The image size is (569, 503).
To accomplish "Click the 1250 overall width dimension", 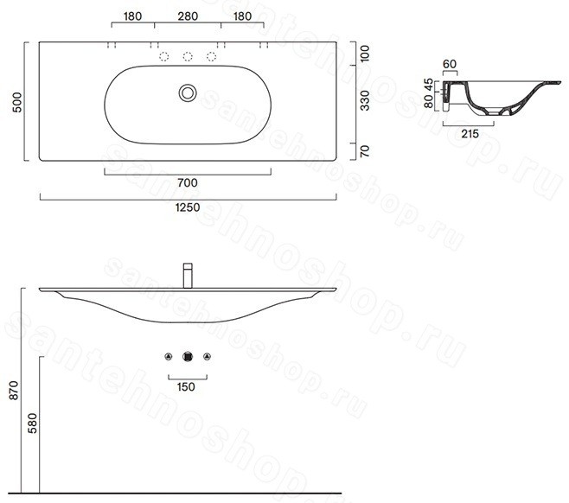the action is (x=188, y=207).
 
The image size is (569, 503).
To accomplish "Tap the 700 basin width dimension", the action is (x=188, y=182).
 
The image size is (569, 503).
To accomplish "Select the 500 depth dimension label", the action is (x=16, y=102).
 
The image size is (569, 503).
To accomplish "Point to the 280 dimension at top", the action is (x=188, y=16).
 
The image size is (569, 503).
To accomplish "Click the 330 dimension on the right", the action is (x=365, y=100).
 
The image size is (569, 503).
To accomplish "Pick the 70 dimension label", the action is (x=365, y=151).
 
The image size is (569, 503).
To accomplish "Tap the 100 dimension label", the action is (x=365, y=53).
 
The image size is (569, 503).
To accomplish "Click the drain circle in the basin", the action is (x=188, y=92).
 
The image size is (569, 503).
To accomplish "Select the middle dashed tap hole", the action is (x=188, y=56).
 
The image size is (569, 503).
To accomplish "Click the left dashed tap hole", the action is (x=164, y=56).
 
